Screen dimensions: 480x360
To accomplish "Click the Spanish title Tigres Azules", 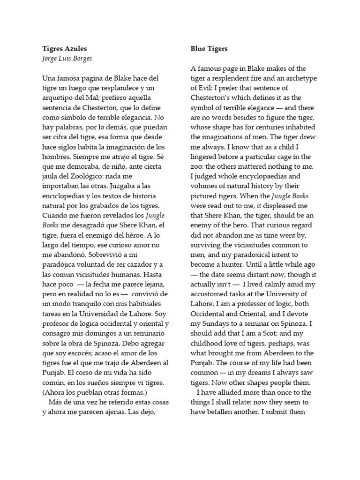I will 64,48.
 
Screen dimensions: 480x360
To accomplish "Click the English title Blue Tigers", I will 209,48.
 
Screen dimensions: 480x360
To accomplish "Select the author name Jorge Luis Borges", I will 67,59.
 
